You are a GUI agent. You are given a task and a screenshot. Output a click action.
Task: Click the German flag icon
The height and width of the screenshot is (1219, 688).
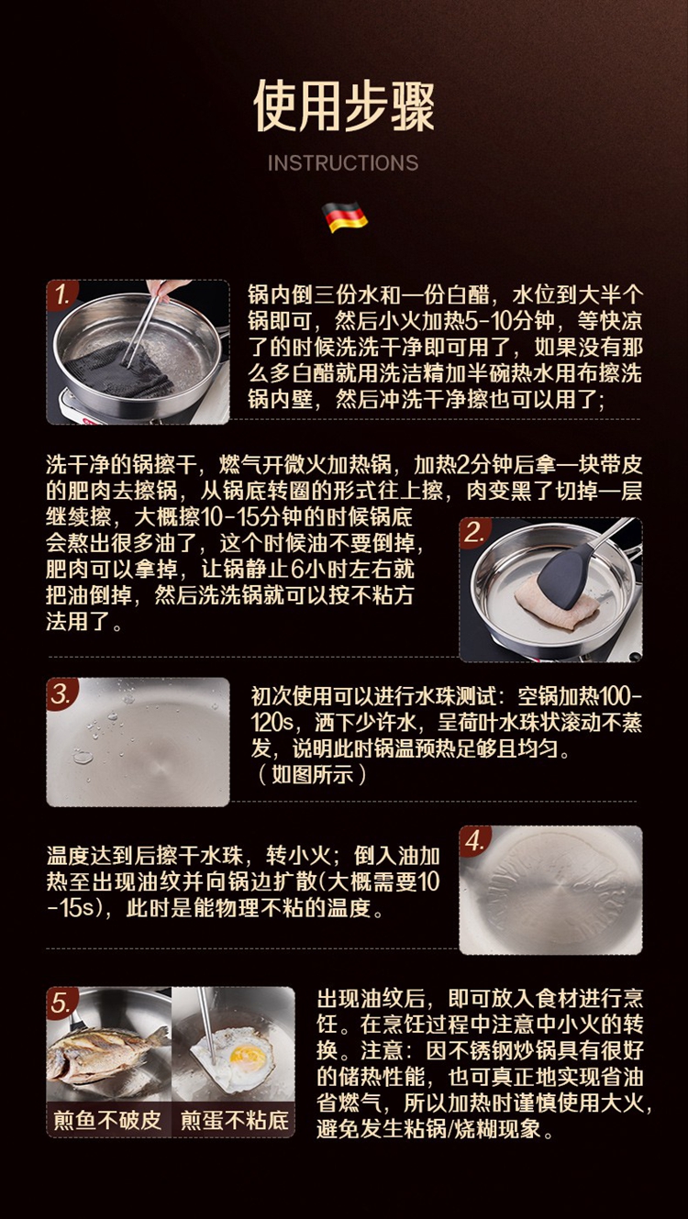click(345, 216)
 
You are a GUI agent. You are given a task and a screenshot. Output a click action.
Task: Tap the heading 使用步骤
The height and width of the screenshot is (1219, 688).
click(344, 105)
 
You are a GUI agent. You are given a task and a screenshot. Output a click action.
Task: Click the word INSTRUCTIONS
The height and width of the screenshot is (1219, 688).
click(343, 162)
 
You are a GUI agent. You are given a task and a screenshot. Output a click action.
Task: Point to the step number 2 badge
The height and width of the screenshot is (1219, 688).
click(474, 533)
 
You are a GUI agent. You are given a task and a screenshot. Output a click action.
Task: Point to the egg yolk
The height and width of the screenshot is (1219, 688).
click(249, 1058)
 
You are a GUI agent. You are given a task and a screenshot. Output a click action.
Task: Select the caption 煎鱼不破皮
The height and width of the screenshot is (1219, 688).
click(107, 1121)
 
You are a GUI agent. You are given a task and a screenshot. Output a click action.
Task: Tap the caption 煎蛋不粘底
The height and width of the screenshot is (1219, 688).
click(235, 1121)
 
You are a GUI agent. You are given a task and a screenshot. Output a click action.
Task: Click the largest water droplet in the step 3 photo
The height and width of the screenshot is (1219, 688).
click(83, 756)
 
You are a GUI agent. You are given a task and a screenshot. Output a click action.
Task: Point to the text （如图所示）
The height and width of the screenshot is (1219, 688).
click(311, 774)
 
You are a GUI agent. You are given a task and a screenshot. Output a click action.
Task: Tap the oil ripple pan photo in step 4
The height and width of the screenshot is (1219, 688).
click(550, 891)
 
